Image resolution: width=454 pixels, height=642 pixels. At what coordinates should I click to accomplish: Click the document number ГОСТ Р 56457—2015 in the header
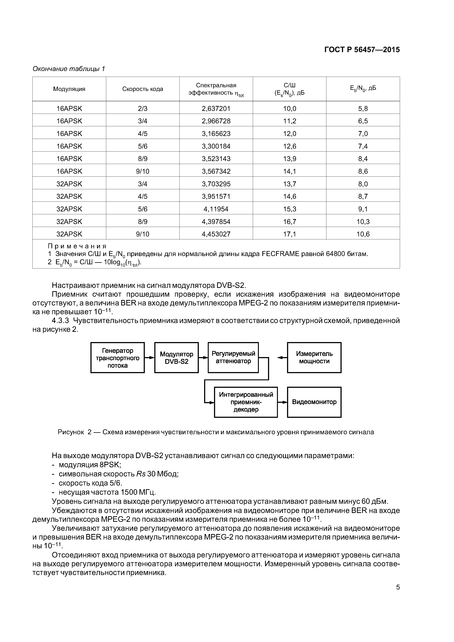pos(362,50)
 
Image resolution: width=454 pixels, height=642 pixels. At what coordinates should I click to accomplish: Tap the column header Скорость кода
pos(142,89)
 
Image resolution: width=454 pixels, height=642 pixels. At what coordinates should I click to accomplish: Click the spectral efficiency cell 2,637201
pos(216,109)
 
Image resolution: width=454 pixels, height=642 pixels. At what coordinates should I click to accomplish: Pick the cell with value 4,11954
pos(216,209)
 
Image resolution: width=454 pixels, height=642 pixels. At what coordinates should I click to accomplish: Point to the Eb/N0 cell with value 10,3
pos(363,221)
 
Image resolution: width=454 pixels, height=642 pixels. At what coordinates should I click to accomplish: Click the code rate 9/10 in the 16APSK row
pos(142,171)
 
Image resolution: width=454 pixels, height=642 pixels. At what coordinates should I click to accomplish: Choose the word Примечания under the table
pos(77,246)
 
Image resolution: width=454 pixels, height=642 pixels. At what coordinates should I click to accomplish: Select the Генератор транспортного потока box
pos(118,358)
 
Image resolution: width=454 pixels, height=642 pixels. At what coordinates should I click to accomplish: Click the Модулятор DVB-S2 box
pos(176,358)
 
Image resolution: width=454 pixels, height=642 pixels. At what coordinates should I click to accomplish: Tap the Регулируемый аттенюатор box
pos(233,358)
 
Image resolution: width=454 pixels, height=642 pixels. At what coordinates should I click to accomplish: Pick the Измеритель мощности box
pos(314,358)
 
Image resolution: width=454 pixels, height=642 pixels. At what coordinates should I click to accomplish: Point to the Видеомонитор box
pos(314,402)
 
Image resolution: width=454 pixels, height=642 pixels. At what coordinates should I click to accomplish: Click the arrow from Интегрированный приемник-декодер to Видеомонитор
pos(282,402)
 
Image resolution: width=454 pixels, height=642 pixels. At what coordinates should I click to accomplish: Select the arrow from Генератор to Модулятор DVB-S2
pos(149,357)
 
